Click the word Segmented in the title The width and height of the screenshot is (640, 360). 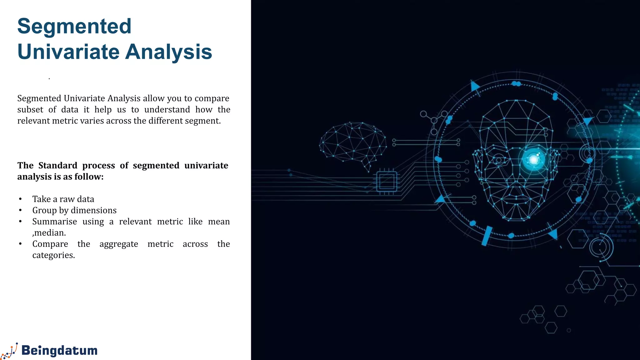(x=74, y=26)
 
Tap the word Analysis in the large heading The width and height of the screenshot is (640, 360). (x=169, y=52)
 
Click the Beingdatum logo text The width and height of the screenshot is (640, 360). (x=59, y=350)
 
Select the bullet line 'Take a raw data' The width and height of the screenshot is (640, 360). (x=63, y=199)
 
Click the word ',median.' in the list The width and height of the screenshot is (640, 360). (x=49, y=233)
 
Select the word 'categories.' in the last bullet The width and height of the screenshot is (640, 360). (x=53, y=255)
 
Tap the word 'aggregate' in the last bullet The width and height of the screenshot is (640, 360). (x=119, y=244)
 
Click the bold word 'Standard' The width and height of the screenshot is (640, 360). (x=58, y=165)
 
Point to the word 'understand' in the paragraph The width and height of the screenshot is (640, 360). (x=167, y=110)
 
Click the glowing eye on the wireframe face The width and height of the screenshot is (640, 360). (x=534, y=160)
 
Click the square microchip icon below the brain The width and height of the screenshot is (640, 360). (x=387, y=181)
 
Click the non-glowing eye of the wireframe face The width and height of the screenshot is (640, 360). (x=499, y=160)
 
